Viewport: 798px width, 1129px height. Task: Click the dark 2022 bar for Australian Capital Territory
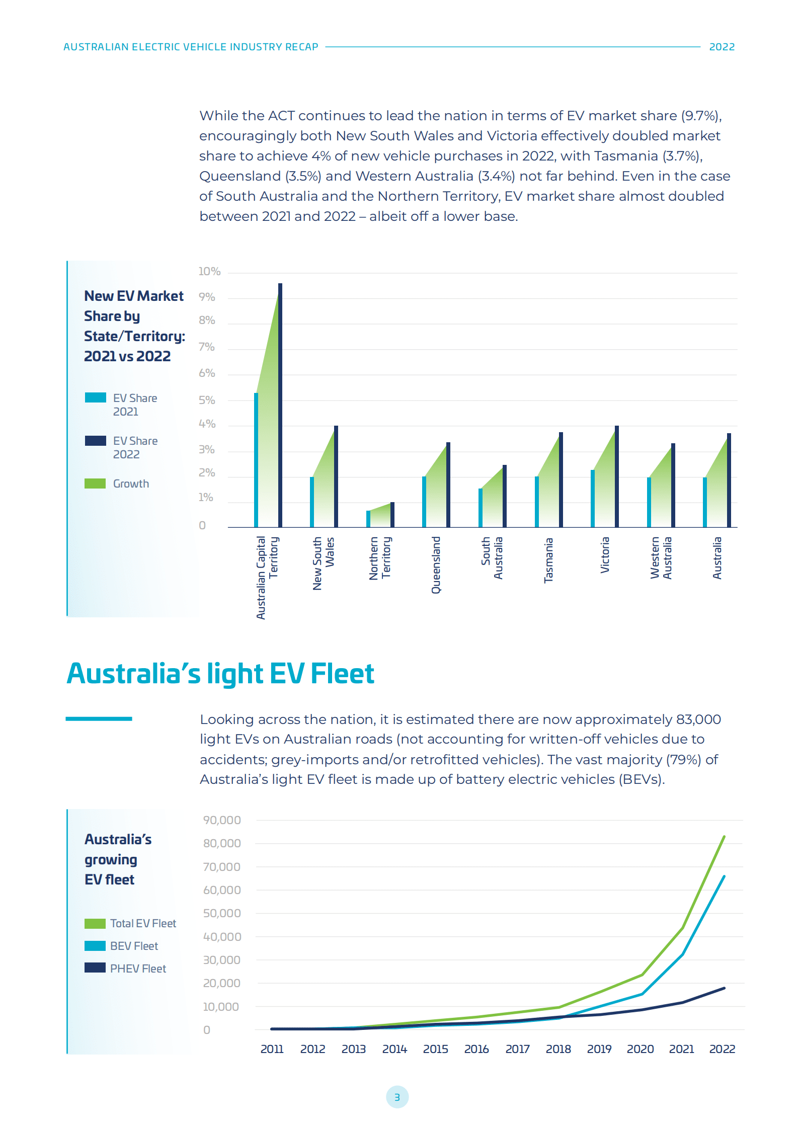point(280,405)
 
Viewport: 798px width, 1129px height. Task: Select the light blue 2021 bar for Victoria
point(593,498)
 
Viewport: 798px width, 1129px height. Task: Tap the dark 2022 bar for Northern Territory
point(392,514)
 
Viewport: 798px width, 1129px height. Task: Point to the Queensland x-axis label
point(436,564)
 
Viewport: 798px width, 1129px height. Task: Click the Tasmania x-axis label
point(548,560)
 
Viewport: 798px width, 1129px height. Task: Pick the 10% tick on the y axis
point(209,272)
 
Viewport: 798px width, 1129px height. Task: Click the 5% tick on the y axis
point(207,400)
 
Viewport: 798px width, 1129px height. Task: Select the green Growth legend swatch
point(95,483)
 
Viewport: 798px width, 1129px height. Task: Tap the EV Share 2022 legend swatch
point(95,441)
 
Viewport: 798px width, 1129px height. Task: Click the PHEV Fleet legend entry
point(137,969)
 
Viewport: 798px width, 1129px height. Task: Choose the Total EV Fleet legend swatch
point(95,923)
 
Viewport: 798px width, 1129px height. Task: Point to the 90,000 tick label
point(222,820)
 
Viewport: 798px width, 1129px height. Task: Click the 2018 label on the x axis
point(558,1049)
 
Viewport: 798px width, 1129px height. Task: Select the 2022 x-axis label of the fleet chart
point(722,1049)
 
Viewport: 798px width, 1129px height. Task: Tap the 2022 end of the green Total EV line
point(724,837)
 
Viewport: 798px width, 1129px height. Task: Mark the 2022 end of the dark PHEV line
point(724,988)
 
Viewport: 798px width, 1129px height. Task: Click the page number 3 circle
point(397,1097)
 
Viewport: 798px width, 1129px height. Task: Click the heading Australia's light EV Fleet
point(220,674)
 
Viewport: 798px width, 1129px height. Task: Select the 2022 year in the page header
point(722,47)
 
